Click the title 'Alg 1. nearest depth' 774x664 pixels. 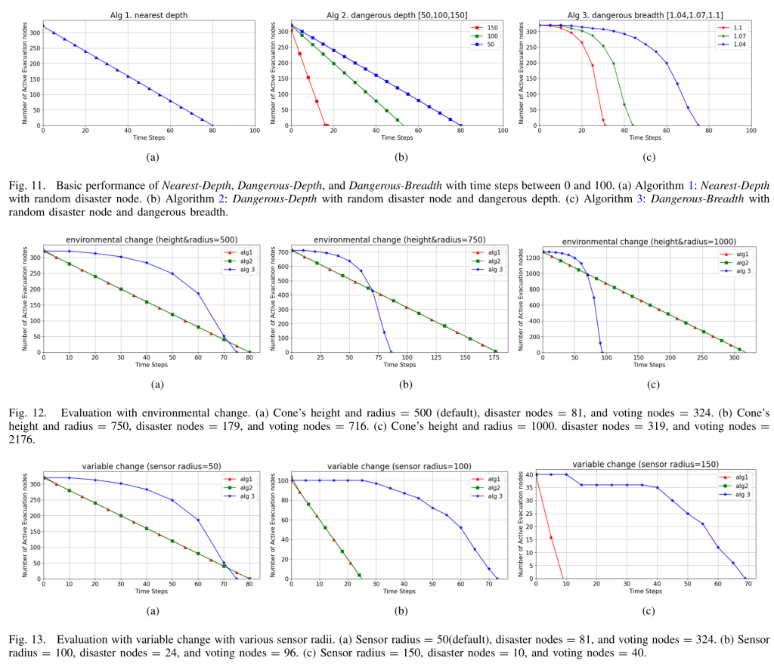[149, 15]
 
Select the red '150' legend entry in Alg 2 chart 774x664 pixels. [486, 28]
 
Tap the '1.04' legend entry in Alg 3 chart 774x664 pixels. [732, 45]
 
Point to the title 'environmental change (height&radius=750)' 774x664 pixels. [399, 239]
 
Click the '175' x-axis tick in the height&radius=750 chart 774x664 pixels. [494, 357]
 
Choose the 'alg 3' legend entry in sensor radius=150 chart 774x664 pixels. [735, 494]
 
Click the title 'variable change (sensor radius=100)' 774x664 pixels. [399, 466]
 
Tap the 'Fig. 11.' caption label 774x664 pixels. [26, 186]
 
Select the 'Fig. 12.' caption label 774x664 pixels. [27, 413]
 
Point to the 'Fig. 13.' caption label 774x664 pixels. [26, 640]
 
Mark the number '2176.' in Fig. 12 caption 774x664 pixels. [22, 439]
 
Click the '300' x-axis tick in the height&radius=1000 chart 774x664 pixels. [734, 357]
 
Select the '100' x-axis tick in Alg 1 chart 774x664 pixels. [255, 131]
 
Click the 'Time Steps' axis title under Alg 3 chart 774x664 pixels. [645, 137]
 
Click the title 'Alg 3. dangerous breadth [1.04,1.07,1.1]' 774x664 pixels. [646, 15]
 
